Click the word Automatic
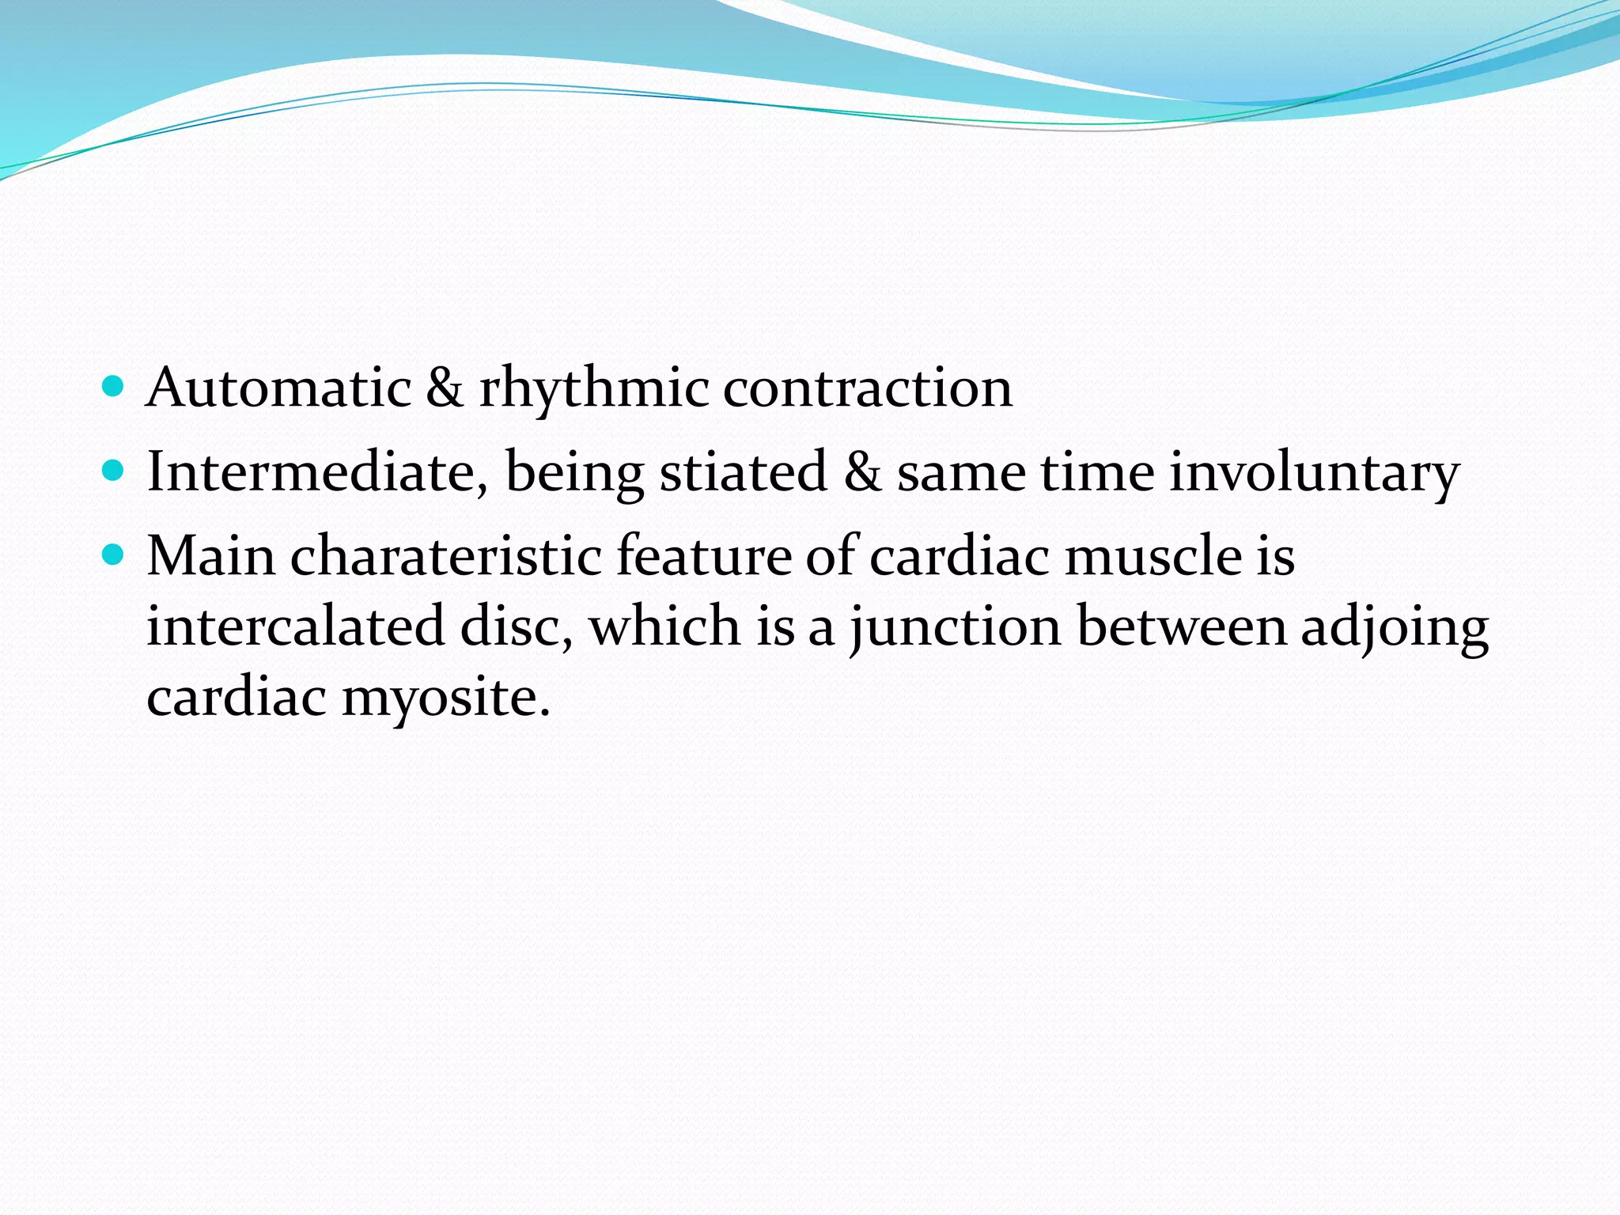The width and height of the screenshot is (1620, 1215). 278,388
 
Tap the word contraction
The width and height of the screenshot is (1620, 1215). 868,388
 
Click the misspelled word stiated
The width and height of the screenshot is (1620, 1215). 743,472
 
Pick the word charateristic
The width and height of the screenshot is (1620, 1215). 446,555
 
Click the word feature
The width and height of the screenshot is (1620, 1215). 703,555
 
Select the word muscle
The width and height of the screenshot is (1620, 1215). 1153,555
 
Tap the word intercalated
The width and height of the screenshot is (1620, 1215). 296,626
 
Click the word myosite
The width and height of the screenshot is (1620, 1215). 445,698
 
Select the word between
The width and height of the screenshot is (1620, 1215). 1182,626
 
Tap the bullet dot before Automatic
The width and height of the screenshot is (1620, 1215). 114,387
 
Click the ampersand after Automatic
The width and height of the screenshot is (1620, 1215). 445,388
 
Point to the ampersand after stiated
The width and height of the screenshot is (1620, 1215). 861,472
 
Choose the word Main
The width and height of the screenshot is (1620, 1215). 211,555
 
